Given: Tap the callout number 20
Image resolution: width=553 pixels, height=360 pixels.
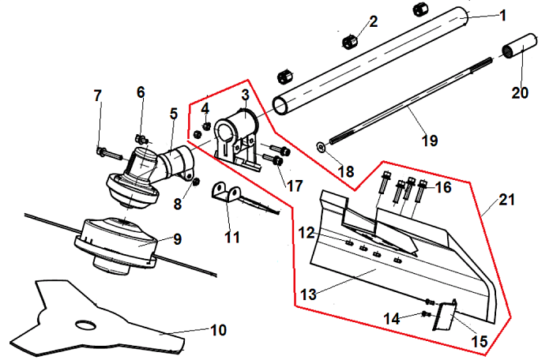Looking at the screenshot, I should tap(519, 92).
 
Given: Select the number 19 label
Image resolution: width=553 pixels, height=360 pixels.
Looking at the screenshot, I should tap(430, 141).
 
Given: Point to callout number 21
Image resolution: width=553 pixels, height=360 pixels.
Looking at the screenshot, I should tap(506, 200).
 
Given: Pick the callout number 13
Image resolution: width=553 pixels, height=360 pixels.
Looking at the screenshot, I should tap(308, 294).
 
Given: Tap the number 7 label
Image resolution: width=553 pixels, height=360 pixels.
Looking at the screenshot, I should tap(98, 96).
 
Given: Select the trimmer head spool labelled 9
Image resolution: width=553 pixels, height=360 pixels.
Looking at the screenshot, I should tap(118, 241).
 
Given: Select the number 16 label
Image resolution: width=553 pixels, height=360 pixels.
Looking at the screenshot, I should tap(443, 188).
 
